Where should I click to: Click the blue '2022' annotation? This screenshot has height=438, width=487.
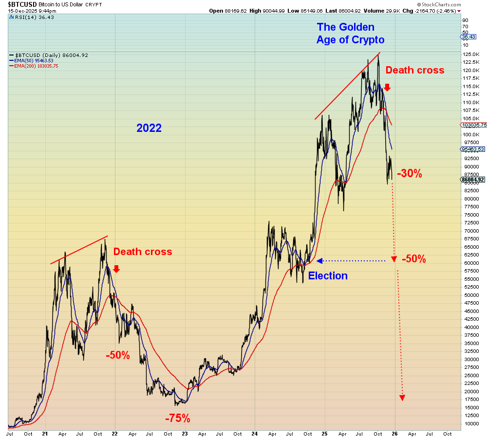149,128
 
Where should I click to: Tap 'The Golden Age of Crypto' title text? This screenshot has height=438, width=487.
350,34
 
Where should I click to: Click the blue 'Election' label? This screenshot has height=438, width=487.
328,276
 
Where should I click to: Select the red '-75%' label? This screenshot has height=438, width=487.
177,419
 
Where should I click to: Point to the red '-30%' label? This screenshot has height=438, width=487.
409,173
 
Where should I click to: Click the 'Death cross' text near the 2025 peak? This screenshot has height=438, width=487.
415,70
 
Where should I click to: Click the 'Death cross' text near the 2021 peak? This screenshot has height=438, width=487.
143,252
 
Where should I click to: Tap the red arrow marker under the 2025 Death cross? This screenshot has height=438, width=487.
387,88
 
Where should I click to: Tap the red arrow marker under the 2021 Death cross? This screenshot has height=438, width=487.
116,269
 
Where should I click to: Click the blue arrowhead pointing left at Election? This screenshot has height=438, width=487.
319,261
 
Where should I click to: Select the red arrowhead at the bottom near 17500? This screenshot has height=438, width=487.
402,398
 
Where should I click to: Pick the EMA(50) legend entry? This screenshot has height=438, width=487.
34,60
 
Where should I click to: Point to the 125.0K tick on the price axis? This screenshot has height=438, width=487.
470,54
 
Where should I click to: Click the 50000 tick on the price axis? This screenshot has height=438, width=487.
468,295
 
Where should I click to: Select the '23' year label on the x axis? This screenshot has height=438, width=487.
185,433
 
